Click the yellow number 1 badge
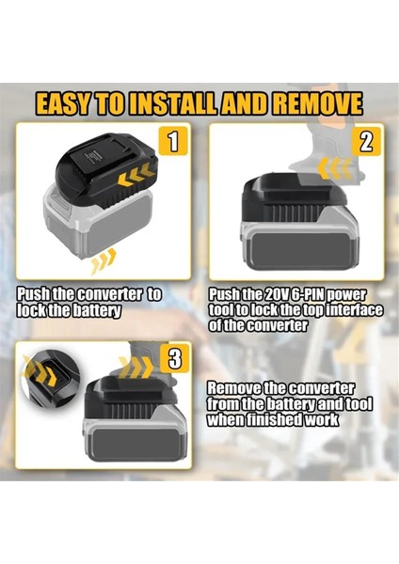click(171, 142)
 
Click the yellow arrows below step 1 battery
click(104, 258)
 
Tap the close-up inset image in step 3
click(47, 380)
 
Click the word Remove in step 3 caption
click(235, 388)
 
